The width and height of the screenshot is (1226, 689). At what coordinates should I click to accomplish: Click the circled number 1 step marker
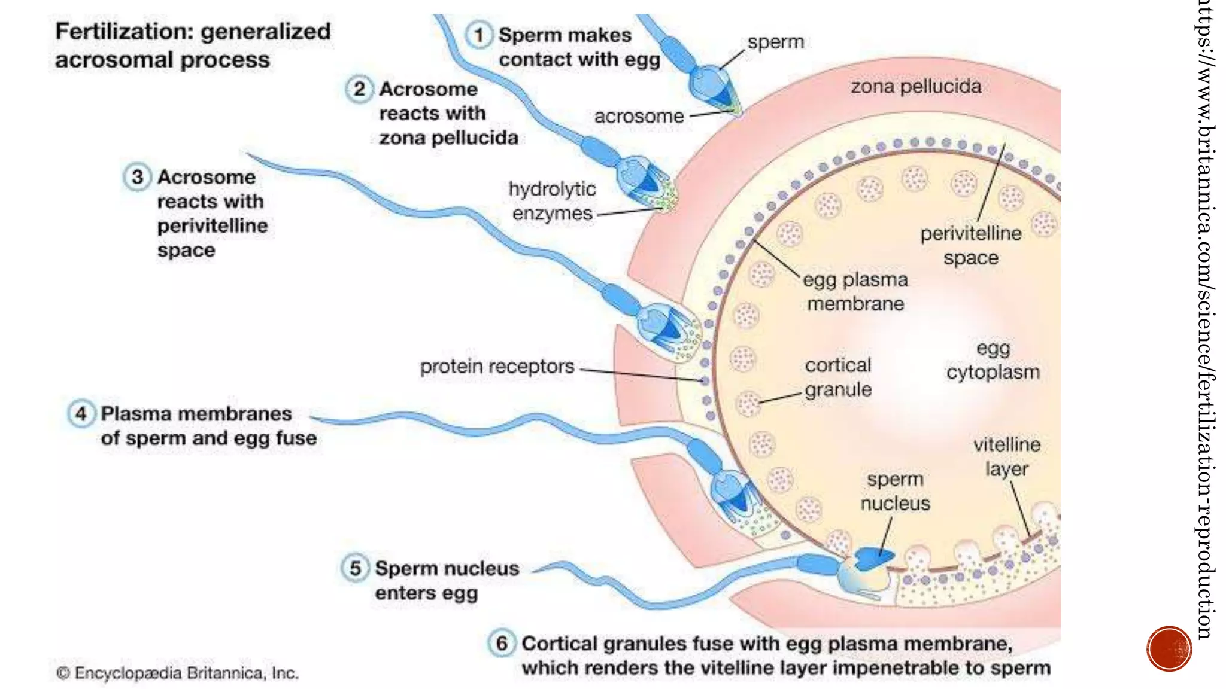[x=478, y=35]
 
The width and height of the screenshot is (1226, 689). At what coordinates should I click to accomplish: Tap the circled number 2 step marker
[x=359, y=89]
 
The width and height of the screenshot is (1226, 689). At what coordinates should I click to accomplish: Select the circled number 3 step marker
[x=137, y=177]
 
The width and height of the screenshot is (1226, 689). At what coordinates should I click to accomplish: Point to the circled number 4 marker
[x=81, y=413]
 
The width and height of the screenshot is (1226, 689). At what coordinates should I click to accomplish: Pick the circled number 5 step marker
[x=355, y=568]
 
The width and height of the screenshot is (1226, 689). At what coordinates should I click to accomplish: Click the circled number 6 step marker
[x=502, y=643]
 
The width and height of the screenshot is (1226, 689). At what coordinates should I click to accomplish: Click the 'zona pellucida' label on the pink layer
[x=916, y=87]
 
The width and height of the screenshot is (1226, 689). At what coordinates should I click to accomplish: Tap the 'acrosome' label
[x=639, y=116]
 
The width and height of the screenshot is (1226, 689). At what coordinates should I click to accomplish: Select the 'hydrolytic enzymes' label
[x=552, y=201]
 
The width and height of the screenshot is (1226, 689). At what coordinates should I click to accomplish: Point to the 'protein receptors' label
[x=497, y=366]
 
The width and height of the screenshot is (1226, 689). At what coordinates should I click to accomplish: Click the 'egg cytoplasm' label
[x=993, y=360]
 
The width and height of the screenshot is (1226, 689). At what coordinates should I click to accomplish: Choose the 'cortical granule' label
[x=837, y=377]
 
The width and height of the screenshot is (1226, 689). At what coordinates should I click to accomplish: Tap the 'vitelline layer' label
[x=1006, y=456]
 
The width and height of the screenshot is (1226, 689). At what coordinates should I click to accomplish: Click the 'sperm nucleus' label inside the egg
[x=895, y=491]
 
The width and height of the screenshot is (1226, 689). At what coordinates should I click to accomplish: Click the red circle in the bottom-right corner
[x=1169, y=649]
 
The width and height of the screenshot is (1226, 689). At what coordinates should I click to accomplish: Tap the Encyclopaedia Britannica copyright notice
[x=177, y=673]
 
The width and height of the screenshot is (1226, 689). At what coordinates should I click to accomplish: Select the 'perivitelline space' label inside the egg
[x=970, y=245]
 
